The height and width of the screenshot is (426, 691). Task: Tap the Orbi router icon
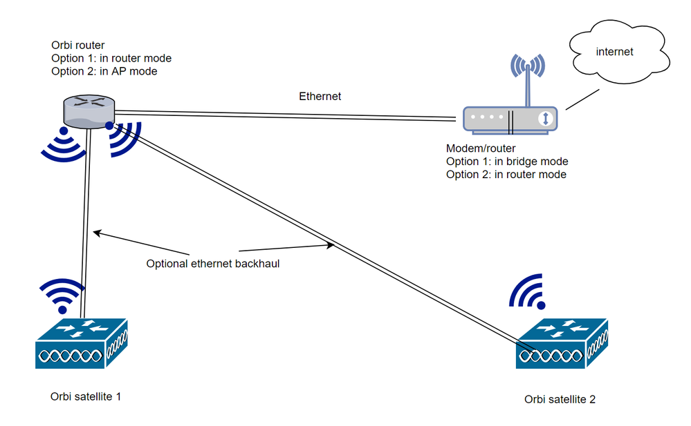click(88, 111)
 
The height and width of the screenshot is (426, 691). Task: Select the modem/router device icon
click(513, 118)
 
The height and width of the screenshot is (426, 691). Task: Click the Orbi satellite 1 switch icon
click(80, 342)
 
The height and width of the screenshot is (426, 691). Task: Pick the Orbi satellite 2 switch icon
click(562, 342)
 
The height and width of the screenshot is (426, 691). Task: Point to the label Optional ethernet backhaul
click(212, 263)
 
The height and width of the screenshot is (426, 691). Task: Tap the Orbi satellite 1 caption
click(86, 396)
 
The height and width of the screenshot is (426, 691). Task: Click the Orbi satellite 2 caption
click(560, 399)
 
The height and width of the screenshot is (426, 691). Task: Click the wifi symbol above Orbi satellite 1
click(60, 293)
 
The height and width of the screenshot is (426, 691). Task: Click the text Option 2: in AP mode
click(104, 71)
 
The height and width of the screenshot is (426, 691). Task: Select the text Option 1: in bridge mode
click(507, 162)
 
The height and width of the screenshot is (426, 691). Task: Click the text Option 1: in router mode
click(111, 58)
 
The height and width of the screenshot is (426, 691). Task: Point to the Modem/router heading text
click(481, 148)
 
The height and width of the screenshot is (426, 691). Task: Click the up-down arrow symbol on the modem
click(546, 118)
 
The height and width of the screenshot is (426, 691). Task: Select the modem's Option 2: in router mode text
click(506, 175)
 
